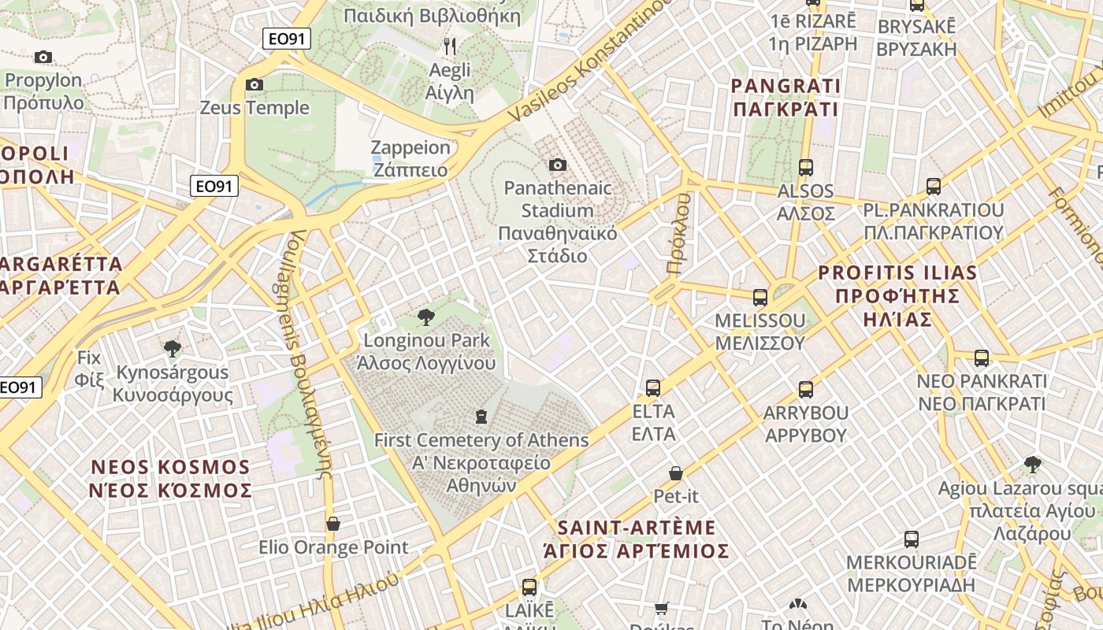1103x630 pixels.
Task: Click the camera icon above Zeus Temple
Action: tap(254, 84)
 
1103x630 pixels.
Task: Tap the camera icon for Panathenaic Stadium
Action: tap(558, 165)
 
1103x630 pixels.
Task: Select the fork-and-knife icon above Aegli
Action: tap(450, 46)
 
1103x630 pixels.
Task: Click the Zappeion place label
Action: tap(410, 158)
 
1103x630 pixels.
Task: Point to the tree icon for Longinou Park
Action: tap(425, 317)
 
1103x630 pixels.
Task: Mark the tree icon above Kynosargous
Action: tap(172, 348)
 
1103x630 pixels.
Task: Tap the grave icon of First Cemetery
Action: tap(481, 416)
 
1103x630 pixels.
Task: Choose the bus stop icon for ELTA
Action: tap(653, 387)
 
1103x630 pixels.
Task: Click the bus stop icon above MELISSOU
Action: tap(760, 298)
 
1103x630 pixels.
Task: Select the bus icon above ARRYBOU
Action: tap(806, 389)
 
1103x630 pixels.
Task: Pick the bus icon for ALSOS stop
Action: tap(806, 167)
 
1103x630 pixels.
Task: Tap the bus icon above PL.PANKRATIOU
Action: tap(934, 187)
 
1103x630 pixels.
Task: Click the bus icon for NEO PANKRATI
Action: tap(982, 358)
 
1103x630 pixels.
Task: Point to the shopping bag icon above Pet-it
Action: tap(676, 472)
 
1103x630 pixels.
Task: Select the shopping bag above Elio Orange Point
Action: tap(333, 523)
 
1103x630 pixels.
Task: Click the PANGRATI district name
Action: tap(785, 97)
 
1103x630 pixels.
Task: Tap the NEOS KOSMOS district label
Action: tap(170, 479)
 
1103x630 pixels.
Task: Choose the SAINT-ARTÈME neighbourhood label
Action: tap(637, 539)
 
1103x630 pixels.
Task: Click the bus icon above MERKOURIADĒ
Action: tap(912, 539)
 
